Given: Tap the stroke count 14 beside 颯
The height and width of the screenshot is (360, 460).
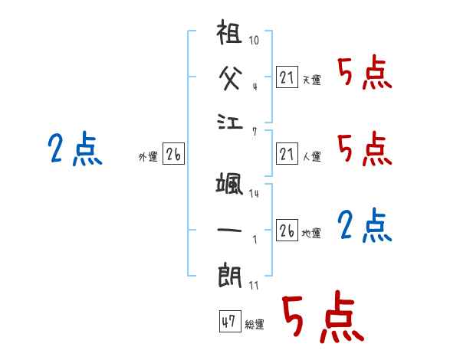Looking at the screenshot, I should (x=255, y=194).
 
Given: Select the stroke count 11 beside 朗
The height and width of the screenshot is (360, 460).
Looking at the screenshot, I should (x=255, y=286).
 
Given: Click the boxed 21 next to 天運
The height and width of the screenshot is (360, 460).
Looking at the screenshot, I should (x=287, y=77).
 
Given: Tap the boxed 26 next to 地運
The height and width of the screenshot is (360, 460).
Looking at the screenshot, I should (x=287, y=230).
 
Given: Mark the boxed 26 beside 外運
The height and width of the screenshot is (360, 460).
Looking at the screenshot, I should (x=173, y=155).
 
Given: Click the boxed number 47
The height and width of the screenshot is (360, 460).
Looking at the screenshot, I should (x=228, y=322).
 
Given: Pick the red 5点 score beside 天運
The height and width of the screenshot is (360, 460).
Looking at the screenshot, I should (x=364, y=74).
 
